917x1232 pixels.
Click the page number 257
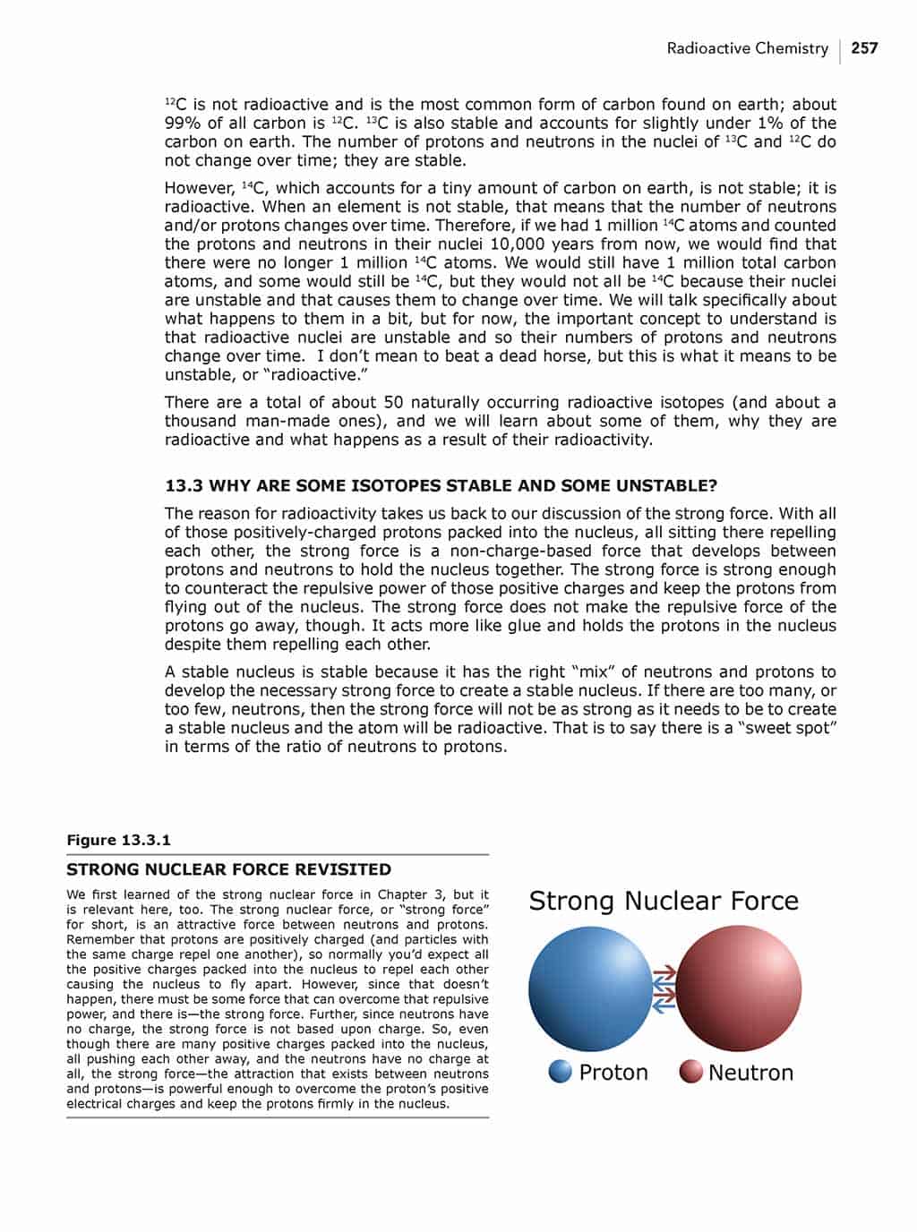coord(864,48)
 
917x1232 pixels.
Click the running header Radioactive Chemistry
coord(747,48)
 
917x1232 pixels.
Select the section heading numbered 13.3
coord(441,486)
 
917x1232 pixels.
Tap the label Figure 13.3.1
coord(118,840)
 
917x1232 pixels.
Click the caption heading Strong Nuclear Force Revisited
coord(228,869)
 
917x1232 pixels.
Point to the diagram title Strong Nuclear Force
coord(664,901)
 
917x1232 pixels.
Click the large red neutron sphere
coord(738,988)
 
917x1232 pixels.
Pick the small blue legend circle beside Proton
coord(561,1072)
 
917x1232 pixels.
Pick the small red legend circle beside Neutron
coord(690,1072)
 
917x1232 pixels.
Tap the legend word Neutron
coord(750,1073)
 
